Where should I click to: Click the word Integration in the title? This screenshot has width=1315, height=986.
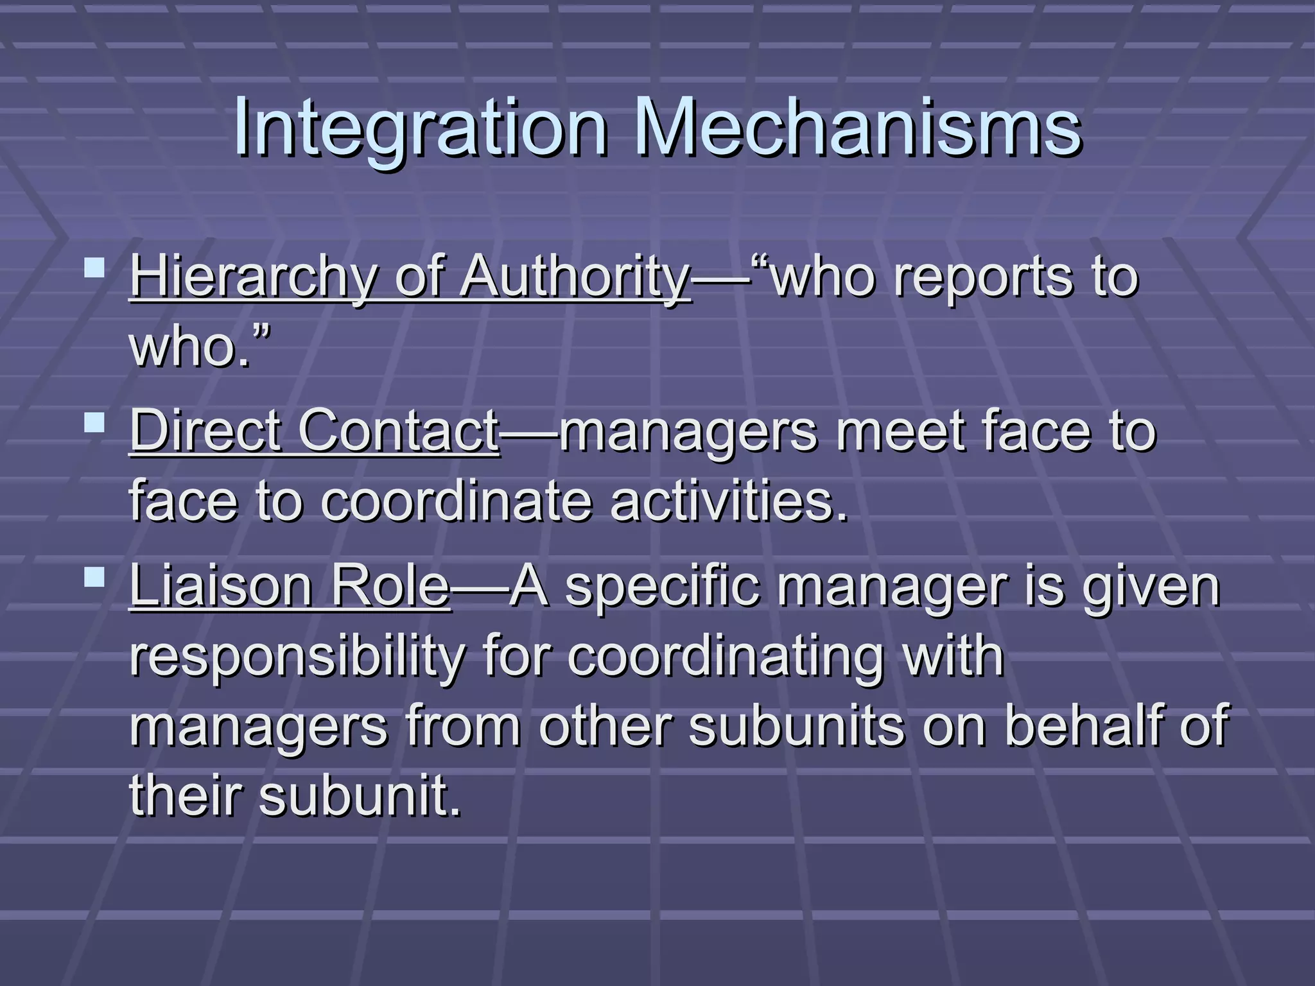420,128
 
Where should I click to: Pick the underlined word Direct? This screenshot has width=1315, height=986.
206,431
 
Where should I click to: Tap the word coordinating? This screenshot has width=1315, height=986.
726,657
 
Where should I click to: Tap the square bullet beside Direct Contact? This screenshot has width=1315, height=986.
95,422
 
